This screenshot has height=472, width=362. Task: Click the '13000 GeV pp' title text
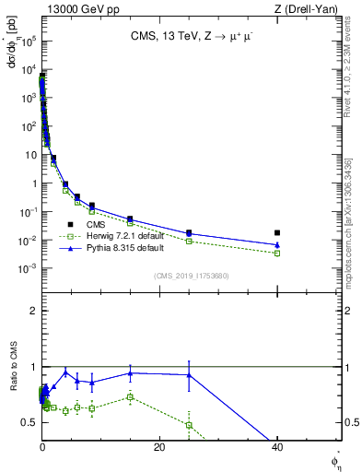(x=79, y=9)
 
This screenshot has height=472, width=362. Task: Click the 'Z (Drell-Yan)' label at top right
(x=309, y=9)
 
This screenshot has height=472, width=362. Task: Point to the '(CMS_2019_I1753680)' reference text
(x=192, y=275)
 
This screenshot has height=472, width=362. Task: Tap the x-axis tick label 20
(x=159, y=447)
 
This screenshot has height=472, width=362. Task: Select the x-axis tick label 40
(x=278, y=447)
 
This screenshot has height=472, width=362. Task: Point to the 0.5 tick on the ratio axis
(x=29, y=422)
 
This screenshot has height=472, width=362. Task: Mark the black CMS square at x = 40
(x=277, y=233)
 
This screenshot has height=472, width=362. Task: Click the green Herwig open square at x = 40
(x=277, y=253)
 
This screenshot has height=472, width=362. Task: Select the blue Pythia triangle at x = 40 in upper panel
(x=277, y=244)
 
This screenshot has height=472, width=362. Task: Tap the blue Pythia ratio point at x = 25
(x=189, y=375)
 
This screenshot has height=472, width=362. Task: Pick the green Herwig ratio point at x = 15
(x=130, y=397)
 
